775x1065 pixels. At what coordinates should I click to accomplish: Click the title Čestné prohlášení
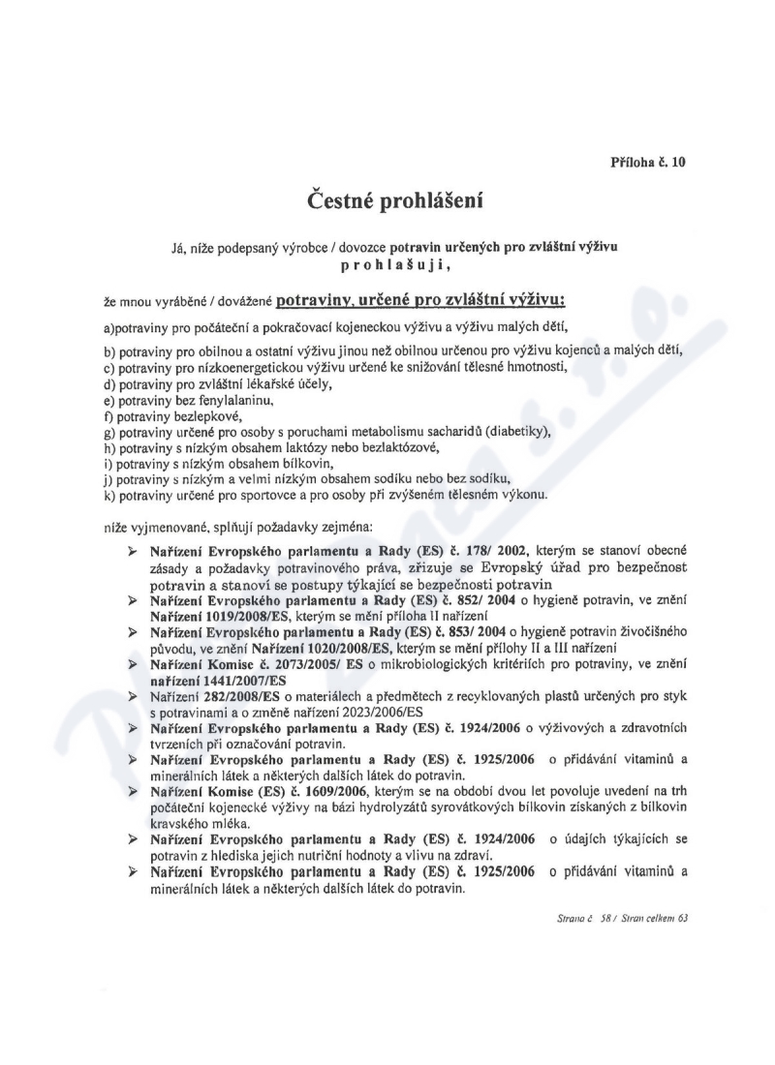387,202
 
